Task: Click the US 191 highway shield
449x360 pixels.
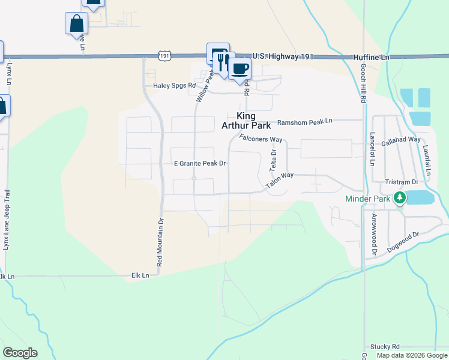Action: [x=165, y=55]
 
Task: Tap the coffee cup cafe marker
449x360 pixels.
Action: [x=240, y=68]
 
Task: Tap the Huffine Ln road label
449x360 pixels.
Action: [x=370, y=56]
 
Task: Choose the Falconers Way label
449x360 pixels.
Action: [x=261, y=139]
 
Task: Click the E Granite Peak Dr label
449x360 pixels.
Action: [x=199, y=163]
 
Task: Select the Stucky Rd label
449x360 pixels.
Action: [x=385, y=347]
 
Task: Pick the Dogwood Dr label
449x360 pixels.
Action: [x=402, y=242]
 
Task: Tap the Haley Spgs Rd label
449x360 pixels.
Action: [x=175, y=86]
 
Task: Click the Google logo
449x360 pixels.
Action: [x=20, y=353]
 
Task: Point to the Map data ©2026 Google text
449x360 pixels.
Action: [x=412, y=355]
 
